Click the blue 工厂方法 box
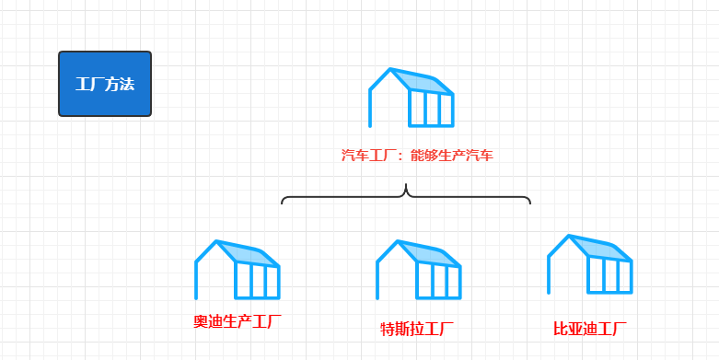coord(105,84)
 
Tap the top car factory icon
coord(412,97)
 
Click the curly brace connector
coord(406,196)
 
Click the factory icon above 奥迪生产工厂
coord(238,270)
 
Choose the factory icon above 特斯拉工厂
coord(418,270)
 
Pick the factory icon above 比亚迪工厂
coord(590,264)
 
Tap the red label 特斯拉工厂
coord(417,328)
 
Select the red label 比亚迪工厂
coord(590,328)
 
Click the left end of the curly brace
coord(283,202)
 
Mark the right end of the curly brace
coord(529,202)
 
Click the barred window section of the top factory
coord(431,109)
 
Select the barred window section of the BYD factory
coord(609,275)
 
